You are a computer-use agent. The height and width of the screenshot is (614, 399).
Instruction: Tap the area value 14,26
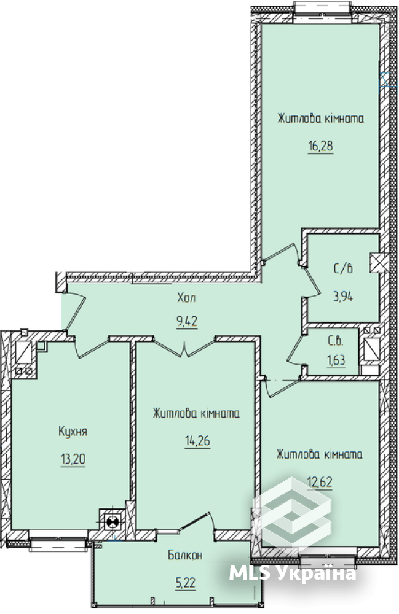click(x=197, y=441)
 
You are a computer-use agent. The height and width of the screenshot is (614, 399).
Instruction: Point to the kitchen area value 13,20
click(x=73, y=459)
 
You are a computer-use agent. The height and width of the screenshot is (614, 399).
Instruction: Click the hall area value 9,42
click(x=186, y=320)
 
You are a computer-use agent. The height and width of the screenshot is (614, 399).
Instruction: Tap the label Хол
click(x=186, y=298)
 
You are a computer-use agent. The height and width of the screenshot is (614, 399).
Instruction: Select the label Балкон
click(x=185, y=556)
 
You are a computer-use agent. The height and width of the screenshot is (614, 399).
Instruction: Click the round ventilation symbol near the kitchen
click(x=113, y=523)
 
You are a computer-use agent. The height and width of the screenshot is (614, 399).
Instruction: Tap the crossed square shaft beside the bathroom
click(x=376, y=263)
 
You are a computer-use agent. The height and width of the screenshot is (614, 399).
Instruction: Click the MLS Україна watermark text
click(x=292, y=574)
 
